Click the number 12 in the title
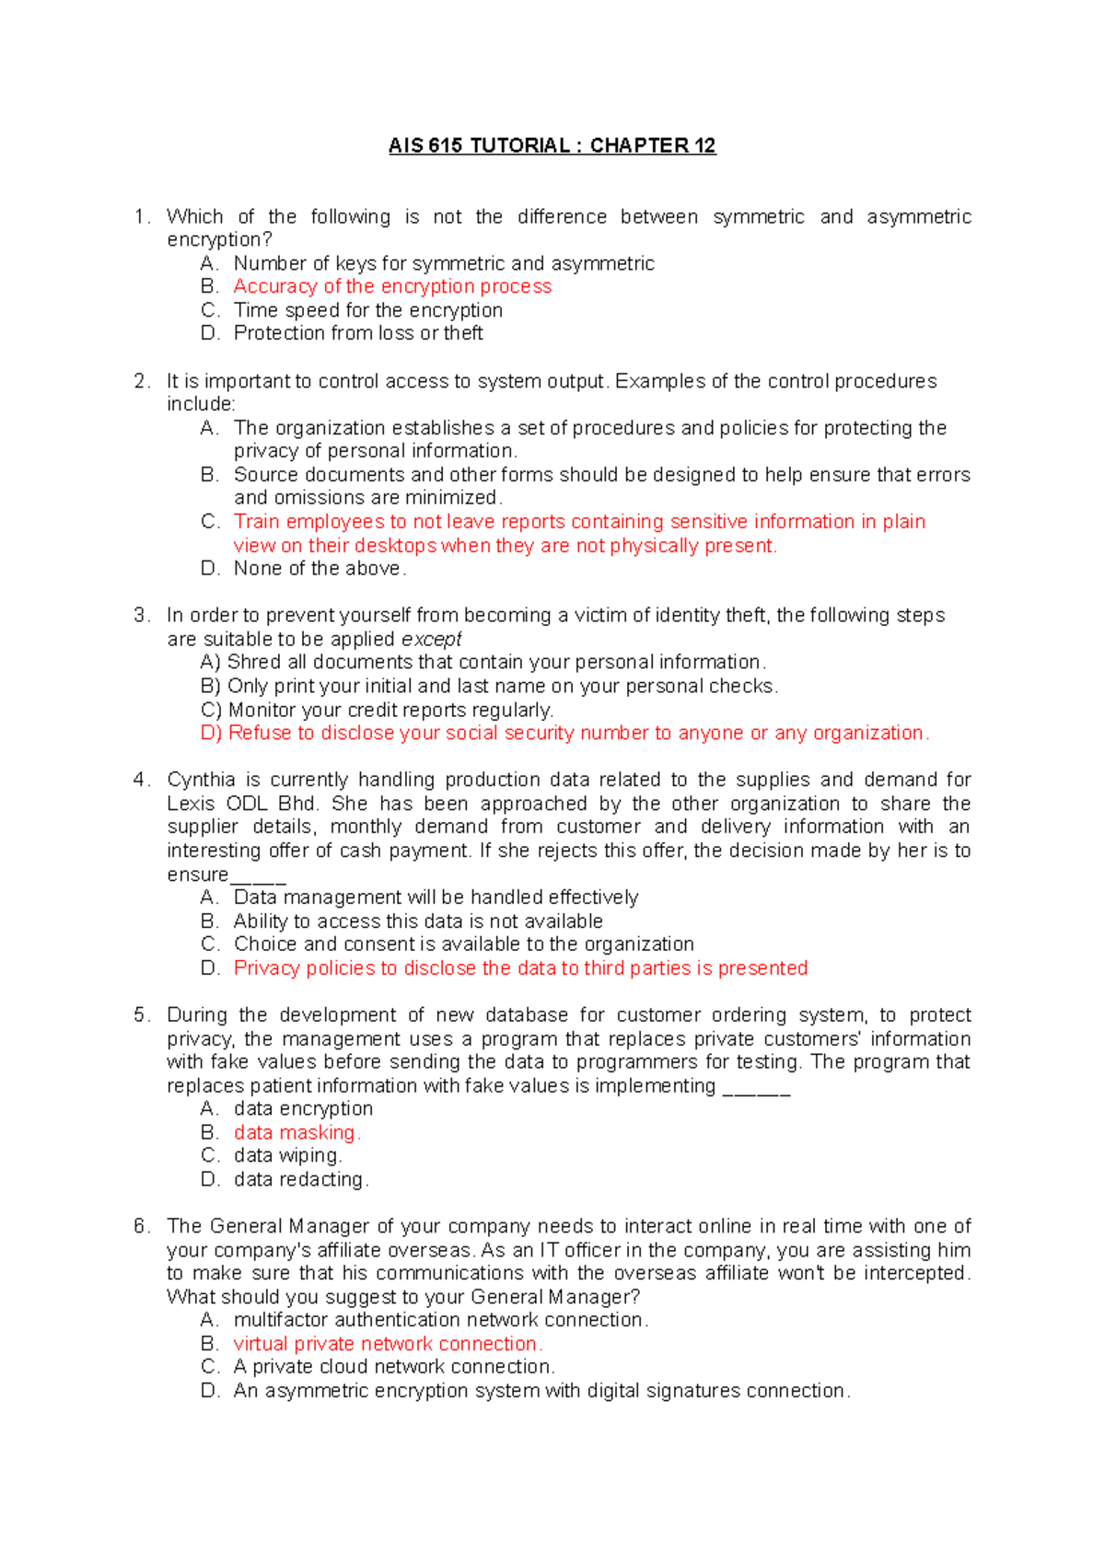(x=705, y=145)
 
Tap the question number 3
(x=140, y=615)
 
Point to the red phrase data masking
(x=296, y=1132)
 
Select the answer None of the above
(x=319, y=568)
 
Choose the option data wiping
(x=286, y=1155)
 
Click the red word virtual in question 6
(x=261, y=1344)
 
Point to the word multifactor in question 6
(x=280, y=1320)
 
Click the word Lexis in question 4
(x=191, y=804)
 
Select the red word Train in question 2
(x=256, y=521)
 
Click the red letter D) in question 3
(x=211, y=733)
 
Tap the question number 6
(x=140, y=1226)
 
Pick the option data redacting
(x=299, y=1179)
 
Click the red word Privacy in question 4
(x=266, y=968)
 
